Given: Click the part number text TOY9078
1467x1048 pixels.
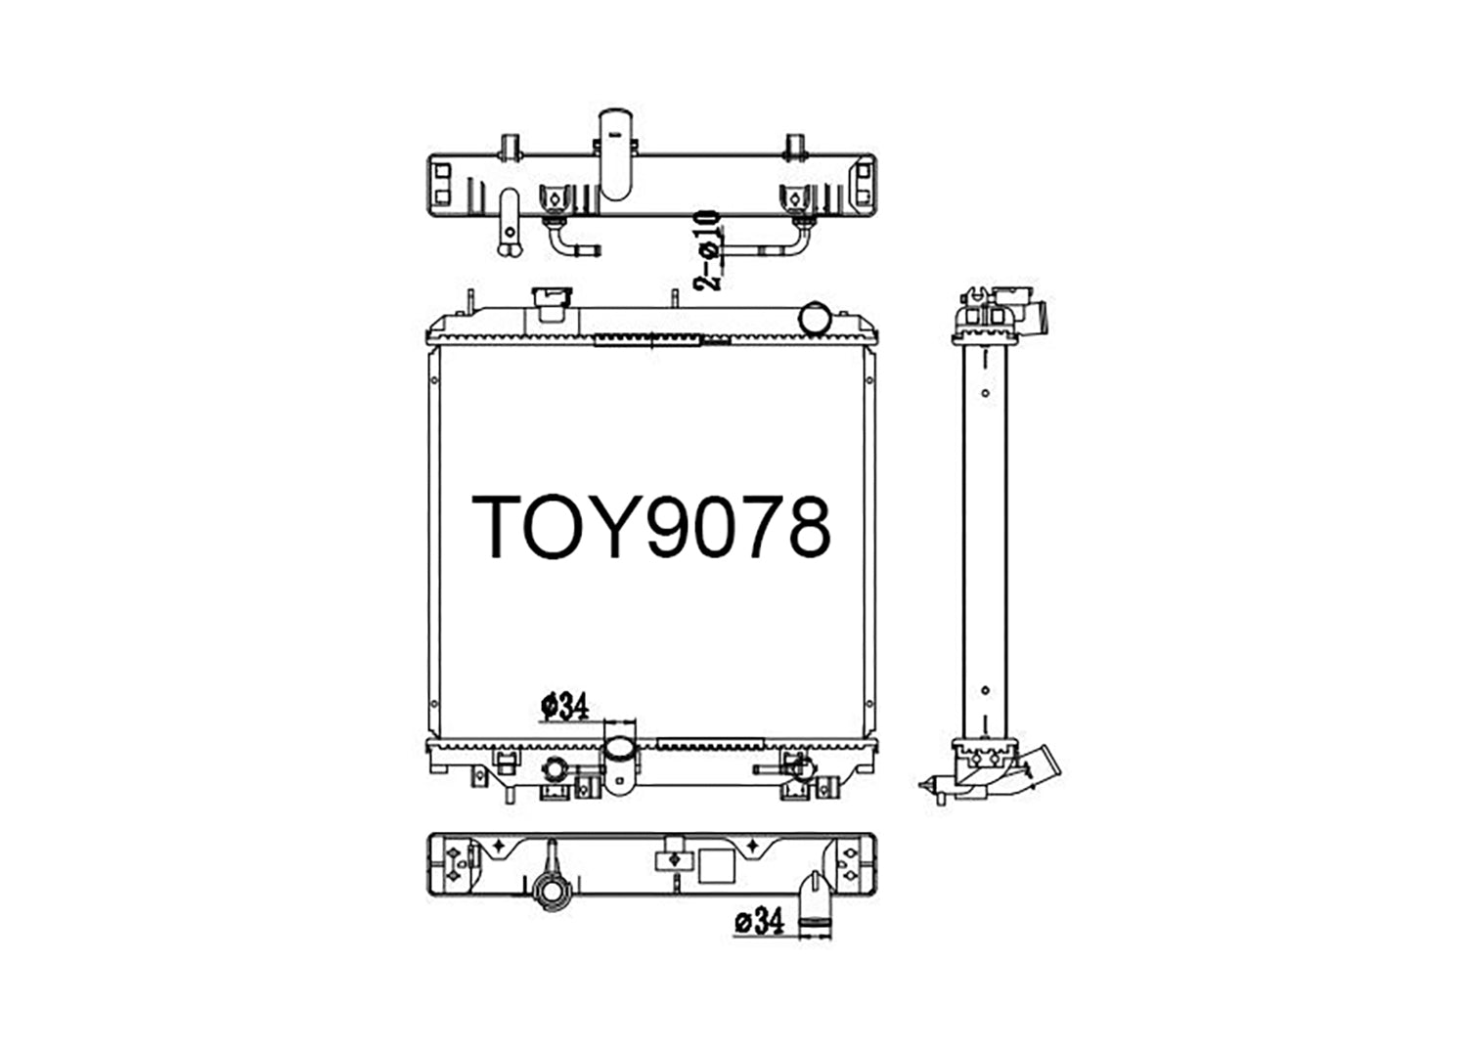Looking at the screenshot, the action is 651,527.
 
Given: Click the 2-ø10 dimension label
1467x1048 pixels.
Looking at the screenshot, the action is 706,250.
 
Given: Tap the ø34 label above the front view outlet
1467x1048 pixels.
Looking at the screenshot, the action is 564,706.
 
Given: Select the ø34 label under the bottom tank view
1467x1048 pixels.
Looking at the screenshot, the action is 760,922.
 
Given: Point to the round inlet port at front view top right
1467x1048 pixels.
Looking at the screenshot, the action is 815,318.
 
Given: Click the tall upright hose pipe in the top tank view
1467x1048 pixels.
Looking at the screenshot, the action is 615,154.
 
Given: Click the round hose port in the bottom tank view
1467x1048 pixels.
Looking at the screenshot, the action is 553,891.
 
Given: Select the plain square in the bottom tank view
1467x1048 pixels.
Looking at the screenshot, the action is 716,865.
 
